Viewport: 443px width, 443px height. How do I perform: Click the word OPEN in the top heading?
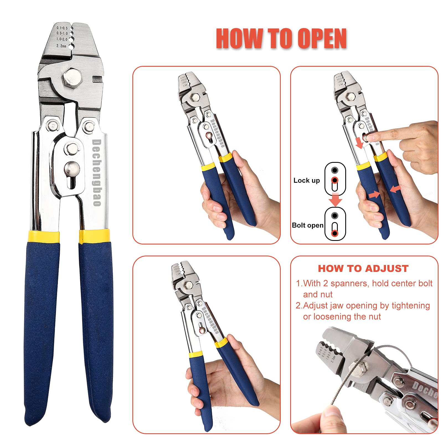322,39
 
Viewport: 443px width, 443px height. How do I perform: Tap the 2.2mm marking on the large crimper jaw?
61,46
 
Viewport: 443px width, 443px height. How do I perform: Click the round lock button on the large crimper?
72,169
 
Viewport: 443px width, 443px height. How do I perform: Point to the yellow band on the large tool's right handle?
94,236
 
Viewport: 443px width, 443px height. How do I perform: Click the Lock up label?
307,181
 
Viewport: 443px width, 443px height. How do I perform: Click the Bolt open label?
308,225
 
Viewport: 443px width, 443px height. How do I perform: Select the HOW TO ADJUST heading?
363,269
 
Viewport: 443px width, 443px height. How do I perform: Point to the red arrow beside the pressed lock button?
359,143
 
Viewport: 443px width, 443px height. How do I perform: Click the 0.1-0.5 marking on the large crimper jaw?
62,28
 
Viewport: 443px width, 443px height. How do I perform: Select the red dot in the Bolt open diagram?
335,233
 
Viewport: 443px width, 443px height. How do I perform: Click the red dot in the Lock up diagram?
335,181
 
